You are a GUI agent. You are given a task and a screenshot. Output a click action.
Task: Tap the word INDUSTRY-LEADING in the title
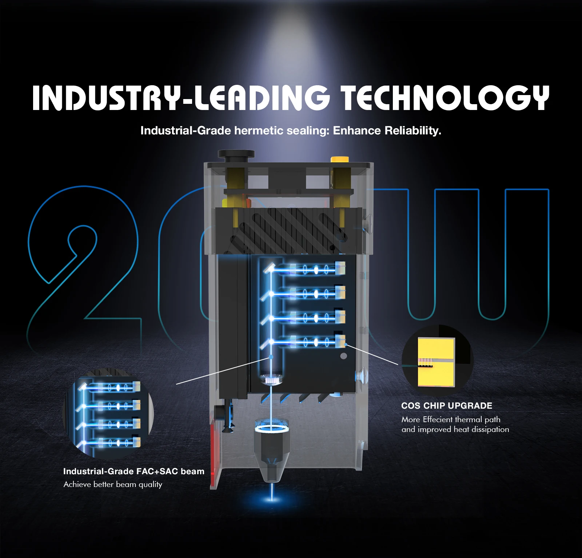(181, 98)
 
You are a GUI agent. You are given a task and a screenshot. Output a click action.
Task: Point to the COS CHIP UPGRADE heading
(446, 406)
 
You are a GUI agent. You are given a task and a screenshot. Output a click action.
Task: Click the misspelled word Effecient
(438, 420)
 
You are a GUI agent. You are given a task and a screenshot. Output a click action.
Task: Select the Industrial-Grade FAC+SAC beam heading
(133, 471)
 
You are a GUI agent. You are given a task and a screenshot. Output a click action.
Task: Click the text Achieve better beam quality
(113, 484)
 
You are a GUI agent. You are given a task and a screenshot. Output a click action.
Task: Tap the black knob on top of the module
(236, 154)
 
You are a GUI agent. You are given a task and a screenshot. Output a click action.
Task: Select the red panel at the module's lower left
(214, 455)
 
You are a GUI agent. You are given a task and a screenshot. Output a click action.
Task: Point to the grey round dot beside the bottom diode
(343, 356)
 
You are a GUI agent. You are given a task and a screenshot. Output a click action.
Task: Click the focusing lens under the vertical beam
(271, 380)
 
